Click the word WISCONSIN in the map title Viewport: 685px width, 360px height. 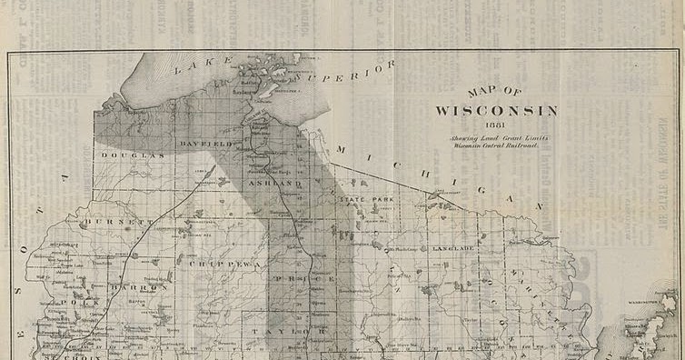(496, 111)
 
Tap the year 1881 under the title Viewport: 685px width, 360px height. (495, 125)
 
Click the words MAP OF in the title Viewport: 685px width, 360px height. (495, 93)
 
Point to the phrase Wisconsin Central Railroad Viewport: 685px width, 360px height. (495, 145)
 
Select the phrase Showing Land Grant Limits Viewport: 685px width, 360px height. (495, 137)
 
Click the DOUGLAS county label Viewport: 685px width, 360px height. (133, 155)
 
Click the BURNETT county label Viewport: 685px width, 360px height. (116, 221)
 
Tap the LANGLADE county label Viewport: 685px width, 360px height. (453, 248)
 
